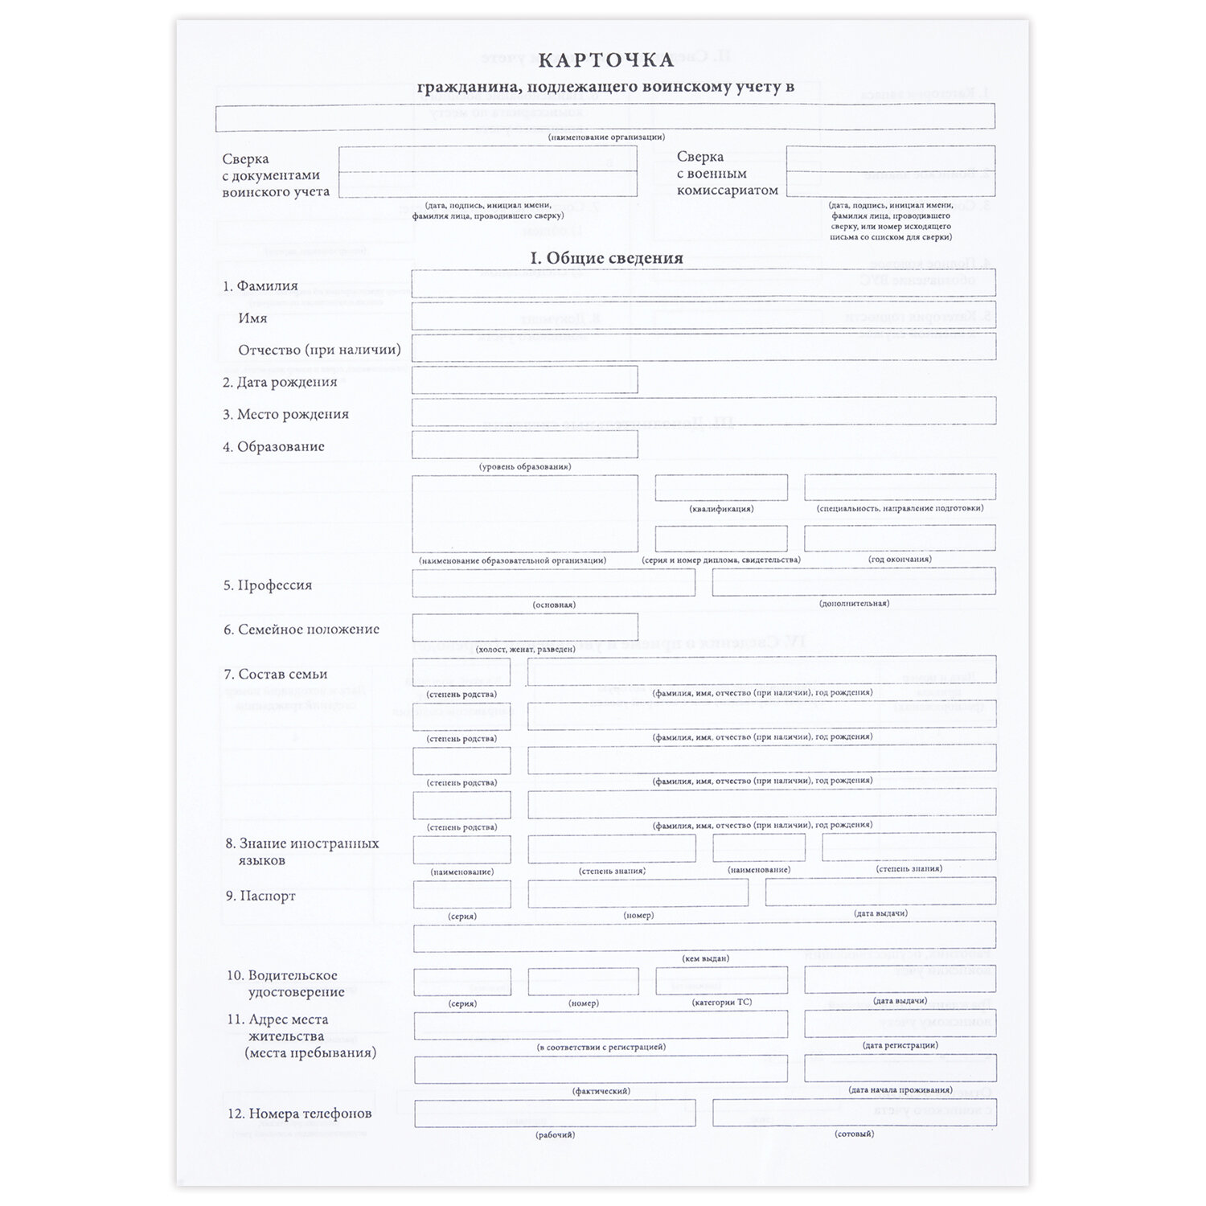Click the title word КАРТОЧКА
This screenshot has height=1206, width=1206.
pyautogui.click(x=605, y=60)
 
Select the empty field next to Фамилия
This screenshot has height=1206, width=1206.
pyautogui.click(x=703, y=283)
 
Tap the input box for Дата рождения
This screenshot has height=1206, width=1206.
pyautogui.click(x=524, y=379)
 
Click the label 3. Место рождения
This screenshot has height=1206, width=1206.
pyautogui.click(x=285, y=414)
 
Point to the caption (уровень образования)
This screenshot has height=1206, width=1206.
pyautogui.click(x=524, y=466)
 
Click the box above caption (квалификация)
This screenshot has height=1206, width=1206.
pyautogui.click(x=721, y=487)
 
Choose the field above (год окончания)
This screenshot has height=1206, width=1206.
pyautogui.click(x=900, y=538)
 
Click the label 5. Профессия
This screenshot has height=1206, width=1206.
pyautogui.click(x=267, y=585)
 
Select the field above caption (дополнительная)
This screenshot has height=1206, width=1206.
pyautogui.click(x=853, y=581)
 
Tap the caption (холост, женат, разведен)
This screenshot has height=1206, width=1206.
pyautogui.click(x=524, y=649)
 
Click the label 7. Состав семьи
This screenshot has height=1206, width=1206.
pyautogui.click(x=275, y=674)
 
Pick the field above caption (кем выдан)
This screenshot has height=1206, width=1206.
pyautogui.click(x=704, y=935)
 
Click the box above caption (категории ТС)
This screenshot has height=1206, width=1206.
pyautogui.click(x=721, y=980)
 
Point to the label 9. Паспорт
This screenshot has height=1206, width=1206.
pyautogui.click(x=260, y=896)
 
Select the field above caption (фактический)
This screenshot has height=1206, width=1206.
pyautogui.click(x=601, y=1069)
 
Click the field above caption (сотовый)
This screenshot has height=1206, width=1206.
pyautogui.click(x=854, y=1112)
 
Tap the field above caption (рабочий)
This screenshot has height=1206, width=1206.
pyautogui.click(x=555, y=1113)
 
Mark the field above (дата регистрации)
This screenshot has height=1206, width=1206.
pyautogui.click(x=900, y=1023)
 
